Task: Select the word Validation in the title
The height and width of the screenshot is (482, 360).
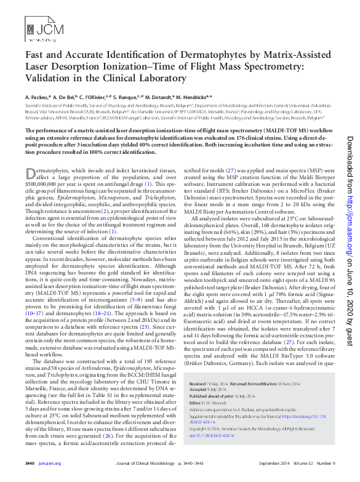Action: (47, 78)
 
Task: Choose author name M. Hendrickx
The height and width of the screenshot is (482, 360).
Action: (193, 97)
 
